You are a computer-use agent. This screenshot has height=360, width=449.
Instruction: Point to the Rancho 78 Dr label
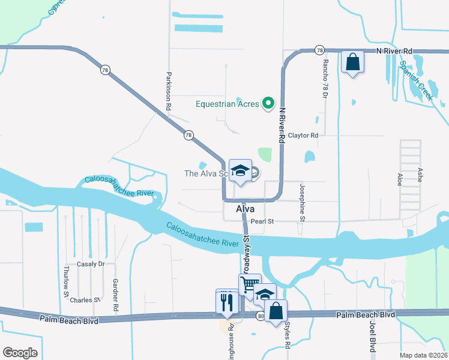[325, 78]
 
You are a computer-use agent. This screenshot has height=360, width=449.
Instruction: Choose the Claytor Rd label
[302, 136]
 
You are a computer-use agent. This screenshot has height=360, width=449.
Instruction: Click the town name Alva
[245, 209]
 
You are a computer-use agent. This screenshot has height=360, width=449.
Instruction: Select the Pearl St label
[262, 221]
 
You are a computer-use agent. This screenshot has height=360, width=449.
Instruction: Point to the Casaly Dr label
[91, 264]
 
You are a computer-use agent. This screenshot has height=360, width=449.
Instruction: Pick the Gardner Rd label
[115, 295]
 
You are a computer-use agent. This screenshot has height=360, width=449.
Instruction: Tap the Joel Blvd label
[372, 336]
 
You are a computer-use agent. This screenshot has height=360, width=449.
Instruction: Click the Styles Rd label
[287, 338]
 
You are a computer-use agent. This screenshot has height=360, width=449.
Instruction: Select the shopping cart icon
[250, 284]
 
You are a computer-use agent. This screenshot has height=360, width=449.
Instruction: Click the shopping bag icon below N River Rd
[352, 61]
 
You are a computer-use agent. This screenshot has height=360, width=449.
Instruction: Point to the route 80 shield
[259, 316]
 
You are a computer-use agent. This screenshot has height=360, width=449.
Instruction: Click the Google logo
[20, 353]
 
